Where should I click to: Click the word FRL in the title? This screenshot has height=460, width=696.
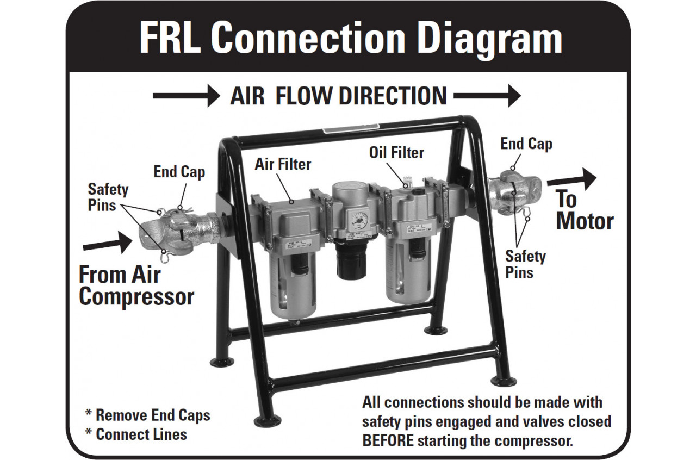click(170, 38)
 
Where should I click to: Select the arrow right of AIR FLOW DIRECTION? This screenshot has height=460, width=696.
click(487, 96)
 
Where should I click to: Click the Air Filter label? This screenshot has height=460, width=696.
click(283, 163)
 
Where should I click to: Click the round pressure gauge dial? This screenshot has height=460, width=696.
click(358, 221)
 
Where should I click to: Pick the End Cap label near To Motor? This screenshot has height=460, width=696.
click(526, 144)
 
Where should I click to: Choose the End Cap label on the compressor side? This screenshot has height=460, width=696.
click(179, 172)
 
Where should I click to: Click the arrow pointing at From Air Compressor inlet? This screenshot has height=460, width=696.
click(107, 243)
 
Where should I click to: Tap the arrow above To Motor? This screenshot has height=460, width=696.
click(571, 179)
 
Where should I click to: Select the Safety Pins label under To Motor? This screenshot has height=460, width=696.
click(525, 264)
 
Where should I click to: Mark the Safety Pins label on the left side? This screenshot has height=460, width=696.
click(108, 197)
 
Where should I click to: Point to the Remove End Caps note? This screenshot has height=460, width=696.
click(147, 415)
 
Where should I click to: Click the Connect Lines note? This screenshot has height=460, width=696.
click(136, 434)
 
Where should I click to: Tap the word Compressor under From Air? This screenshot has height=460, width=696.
click(136, 296)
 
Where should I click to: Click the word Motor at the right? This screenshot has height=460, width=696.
click(585, 221)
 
